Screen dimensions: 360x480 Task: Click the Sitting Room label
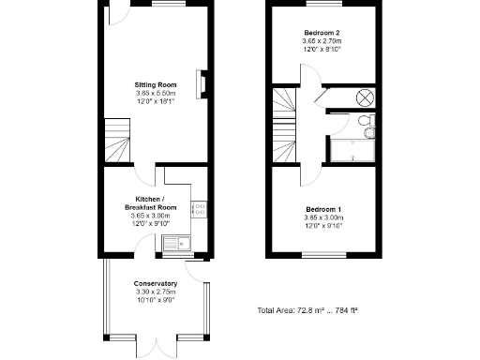tap(156, 84)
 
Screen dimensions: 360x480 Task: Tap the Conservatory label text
tap(156, 283)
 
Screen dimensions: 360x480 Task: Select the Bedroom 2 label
tap(322, 32)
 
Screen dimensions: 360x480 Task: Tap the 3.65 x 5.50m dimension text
tap(156, 93)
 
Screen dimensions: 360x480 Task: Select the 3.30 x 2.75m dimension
tap(156, 292)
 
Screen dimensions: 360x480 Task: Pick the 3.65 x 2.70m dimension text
tap(322, 41)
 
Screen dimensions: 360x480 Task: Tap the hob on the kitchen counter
tap(199, 210)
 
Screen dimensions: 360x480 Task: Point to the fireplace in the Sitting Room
tap(200, 83)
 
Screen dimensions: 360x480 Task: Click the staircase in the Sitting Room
tap(117, 139)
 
